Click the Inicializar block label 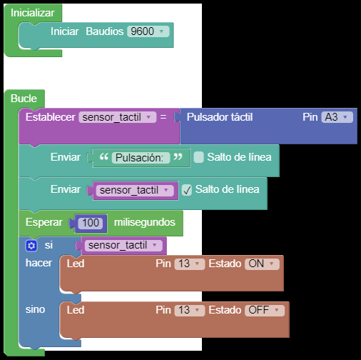(x=33, y=13)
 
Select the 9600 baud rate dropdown (x=148, y=31)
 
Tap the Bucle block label (x=24, y=99)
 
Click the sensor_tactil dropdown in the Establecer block (x=118, y=117)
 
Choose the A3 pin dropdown (x=337, y=117)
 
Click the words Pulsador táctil (x=220, y=117)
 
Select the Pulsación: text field (x=141, y=158)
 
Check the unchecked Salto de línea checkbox (x=199, y=157)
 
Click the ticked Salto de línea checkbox (x=187, y=190)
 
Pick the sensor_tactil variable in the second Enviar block (x=135, y=190)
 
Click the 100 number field (x=91, y=223)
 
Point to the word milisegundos (x=145, y=222)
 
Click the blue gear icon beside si (x=31, y=246)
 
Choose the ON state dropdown (x=262, y=264)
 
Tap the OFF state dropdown (x=265, y=310)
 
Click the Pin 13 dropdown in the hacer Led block (x=190, y=264)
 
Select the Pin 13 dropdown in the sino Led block (x=190, y=310)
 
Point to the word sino (x=35, y=309)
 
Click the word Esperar (x=44, y=222)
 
